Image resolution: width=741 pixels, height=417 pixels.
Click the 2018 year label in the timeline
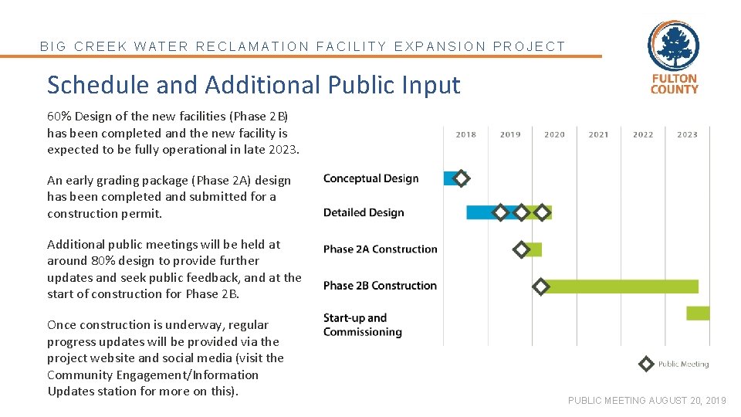pos(465,134)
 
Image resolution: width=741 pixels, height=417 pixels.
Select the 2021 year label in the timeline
pos(598,134)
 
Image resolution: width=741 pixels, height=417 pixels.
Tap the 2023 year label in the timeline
pos(687,134)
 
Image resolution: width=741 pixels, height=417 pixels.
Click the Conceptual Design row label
pos(370,178)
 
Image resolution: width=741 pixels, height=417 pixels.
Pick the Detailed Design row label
pos(364,212)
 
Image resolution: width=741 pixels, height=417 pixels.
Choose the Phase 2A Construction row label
pos(380,249)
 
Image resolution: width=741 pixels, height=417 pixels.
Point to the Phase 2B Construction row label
pos(380,286)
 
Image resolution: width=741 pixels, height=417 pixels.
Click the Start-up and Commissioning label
pos(362,325)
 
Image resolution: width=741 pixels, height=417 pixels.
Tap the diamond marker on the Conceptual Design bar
pos(461,178)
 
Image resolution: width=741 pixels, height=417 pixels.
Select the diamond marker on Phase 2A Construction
pos(522,249)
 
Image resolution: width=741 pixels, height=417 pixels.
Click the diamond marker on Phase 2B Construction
pos(541,286)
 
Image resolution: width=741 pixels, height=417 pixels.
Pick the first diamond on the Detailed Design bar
pos(500,212)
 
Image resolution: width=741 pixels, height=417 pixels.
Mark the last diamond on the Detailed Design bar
pos(543,212)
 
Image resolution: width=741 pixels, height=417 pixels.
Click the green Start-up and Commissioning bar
pos(698,313)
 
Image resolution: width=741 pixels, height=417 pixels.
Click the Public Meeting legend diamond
pos(647,364)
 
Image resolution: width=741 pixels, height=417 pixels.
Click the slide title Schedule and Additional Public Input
pos(253,84)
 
